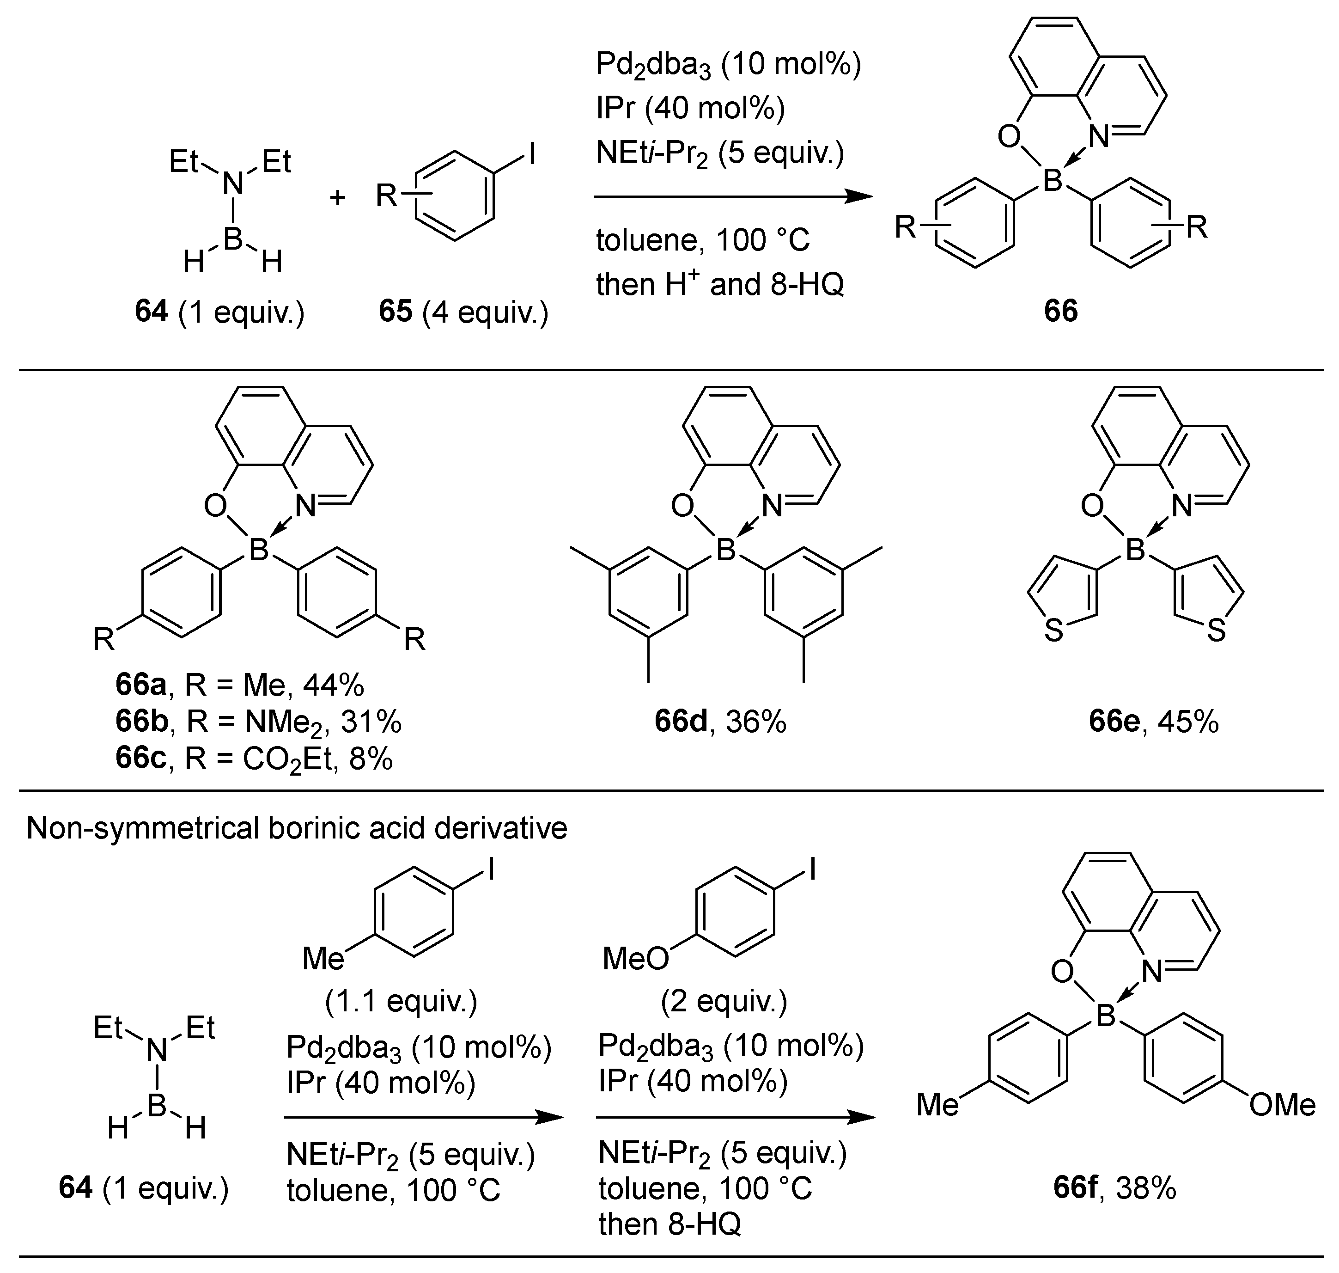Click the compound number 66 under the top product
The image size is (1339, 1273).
(x=1061, y=311)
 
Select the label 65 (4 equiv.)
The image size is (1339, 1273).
(x=463, y=312)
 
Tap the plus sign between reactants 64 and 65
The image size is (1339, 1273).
(x=337, y=197)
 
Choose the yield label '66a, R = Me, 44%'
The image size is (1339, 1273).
(x=239, y=686)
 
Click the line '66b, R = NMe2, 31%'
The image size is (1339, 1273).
(x=258, y=722)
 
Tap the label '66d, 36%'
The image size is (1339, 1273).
(x=720, y=722)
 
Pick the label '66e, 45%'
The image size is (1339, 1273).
(x=1154, y=722)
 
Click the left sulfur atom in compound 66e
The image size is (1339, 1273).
(x=1053, y=631)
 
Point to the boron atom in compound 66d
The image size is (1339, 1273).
(x=726, y=550)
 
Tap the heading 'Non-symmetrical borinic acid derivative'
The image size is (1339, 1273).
(x=297, y=828)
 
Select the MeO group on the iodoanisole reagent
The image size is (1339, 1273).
(x=635, y=958)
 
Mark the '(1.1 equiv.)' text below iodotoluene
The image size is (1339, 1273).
(x=401, y=1001)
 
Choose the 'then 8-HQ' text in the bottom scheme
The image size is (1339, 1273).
(x=669, y=1224)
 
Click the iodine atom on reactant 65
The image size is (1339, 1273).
(x=532, y=155)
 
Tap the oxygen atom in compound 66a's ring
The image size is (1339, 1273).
(x=214, y=506)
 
